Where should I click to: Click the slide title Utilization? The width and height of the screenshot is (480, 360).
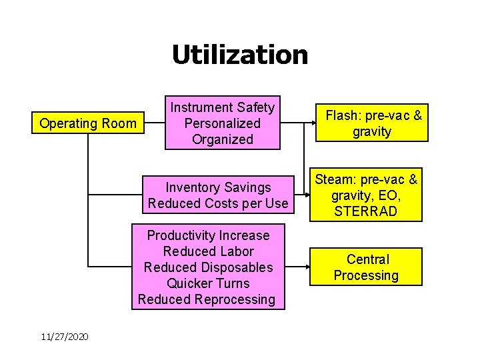tap(240, 55)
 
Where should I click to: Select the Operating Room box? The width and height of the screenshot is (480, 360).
tap(88, 123)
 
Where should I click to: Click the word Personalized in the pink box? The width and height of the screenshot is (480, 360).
tap(222, 123)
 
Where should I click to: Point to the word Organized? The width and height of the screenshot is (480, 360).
tap(222, 139)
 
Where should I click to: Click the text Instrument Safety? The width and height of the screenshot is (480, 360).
tap(222, 107)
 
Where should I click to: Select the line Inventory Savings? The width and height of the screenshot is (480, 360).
tap(218, 187)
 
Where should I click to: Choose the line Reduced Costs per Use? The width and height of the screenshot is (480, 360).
tap(218, 203)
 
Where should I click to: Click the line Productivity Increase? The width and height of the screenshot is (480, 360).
tap(208, 235)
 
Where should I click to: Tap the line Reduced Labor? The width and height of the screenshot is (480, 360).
tap(208, 251)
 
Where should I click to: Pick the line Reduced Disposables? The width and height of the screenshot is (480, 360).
tap(208, 267)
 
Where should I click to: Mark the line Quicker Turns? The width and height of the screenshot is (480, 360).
tap(208, 283)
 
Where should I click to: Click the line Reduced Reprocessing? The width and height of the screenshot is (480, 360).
tap(207, 299)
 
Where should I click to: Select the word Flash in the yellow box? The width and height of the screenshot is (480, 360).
tap(341, 115)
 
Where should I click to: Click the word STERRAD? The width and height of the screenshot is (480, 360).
tap(366, 211)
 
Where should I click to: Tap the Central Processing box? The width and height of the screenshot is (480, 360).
tap(366, 267)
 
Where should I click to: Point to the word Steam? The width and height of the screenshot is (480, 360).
tap(331, 179)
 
